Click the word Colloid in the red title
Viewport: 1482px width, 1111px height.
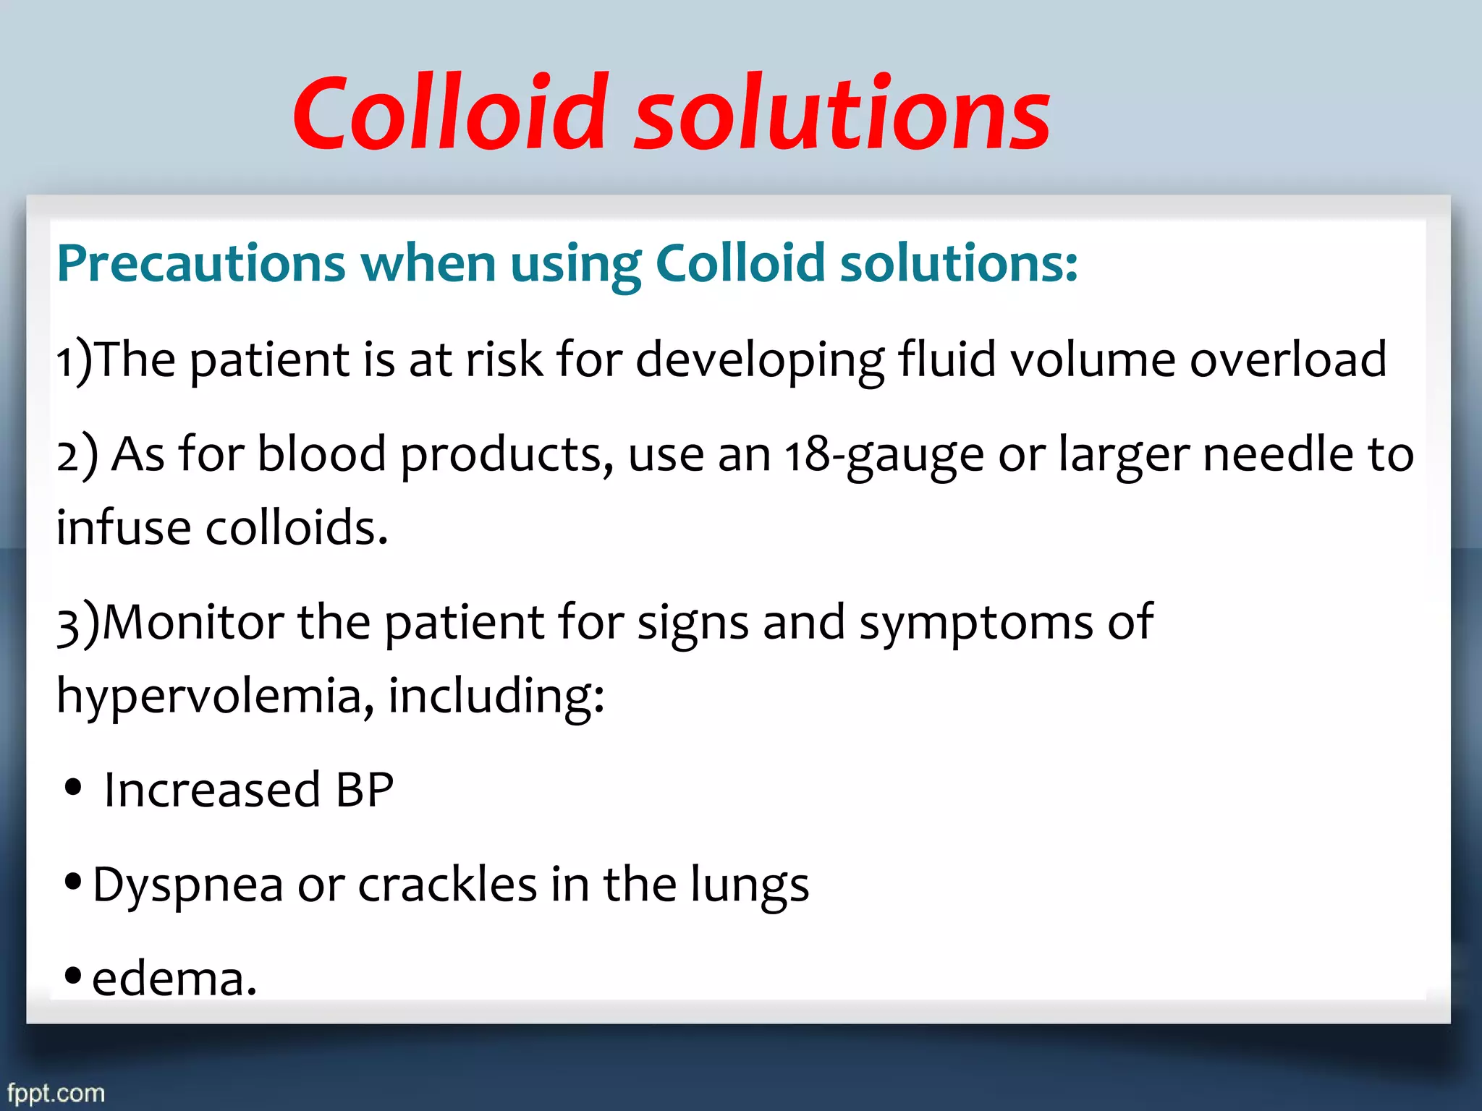pos(449,114)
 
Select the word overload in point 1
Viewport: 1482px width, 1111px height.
pos(1288,359)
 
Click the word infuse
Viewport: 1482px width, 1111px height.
pos(123,527)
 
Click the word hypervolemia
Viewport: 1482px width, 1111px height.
pos(210,697)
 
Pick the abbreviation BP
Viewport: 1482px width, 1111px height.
pos(365,790)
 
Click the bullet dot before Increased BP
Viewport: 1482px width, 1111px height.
pos(72,787)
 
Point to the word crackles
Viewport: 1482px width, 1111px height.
pos(447,885)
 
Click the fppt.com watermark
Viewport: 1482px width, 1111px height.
pos(56,1092)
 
